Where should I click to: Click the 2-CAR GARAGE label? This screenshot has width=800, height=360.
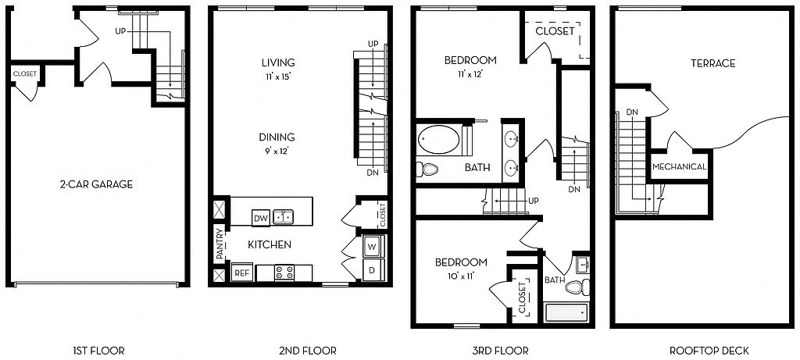click(96, 184)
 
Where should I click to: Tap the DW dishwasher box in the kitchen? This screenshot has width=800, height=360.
click(261, 218)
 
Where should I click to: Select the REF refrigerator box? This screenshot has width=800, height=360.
click(241, 273)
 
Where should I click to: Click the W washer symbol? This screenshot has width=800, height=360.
click(373, 247)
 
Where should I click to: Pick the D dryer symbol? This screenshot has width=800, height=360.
click(373, 269)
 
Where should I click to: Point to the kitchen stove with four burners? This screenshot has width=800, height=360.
click(284, 273)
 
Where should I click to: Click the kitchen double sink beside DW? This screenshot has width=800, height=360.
click(283, 217)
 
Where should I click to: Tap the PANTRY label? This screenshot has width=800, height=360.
click(220, 244)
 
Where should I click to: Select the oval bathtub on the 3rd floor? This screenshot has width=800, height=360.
click(439, 140)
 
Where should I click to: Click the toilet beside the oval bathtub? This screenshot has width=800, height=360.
click(427, 169)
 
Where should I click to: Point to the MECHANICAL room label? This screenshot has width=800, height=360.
click(679, 167)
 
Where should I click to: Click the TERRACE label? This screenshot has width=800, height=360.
click(712, 63)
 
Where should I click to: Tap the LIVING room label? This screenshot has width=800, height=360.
click(278, 62)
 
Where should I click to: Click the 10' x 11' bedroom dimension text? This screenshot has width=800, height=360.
click(461, 276)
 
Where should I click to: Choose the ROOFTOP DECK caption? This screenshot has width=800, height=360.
click(709, 351)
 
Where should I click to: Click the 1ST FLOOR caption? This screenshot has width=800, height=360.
click(98, 351)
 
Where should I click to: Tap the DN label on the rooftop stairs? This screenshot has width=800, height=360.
click(632, 112)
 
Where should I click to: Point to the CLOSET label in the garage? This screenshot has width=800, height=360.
click(24, 74)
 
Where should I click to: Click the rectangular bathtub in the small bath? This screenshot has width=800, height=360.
click(566, 312)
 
